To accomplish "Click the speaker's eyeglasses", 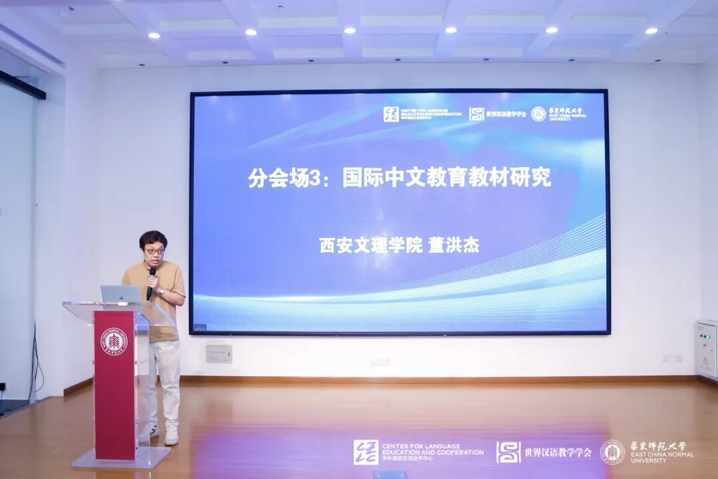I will (x=154, y=251).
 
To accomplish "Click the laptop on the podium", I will (x=121, y=293).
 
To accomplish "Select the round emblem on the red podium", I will (x=114, y=341).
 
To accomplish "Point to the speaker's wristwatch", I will (x=161, y=291).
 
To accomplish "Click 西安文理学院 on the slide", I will (x=371, y=245).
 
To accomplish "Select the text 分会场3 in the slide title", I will (x=274, y=178).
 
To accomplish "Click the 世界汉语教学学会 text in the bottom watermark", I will (x=557, y=452).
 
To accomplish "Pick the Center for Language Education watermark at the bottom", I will (x=419, y=452).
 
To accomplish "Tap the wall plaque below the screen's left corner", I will (x=219, y=354).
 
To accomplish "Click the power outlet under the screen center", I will (x=381, y=362).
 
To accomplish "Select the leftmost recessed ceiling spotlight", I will (x=154, y=35).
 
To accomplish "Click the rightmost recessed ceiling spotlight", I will (x=651, y=31).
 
